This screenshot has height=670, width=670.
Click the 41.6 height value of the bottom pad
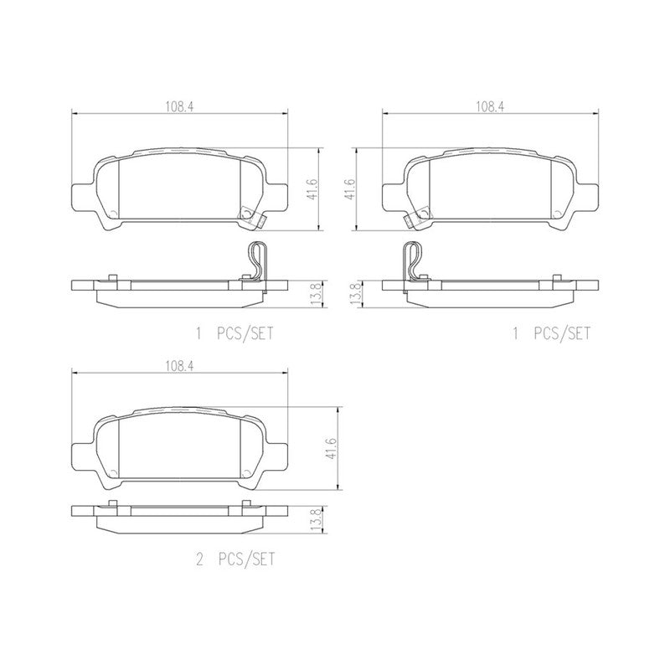click(x=331, y=448)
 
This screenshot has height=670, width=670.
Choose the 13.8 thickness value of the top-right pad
click(x=355, y=295)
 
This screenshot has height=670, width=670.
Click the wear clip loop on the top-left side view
click(x=258, y=259)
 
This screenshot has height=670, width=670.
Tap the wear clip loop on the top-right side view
click(x=411, y=259)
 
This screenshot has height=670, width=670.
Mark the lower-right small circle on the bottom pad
click(x=245, y=472)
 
